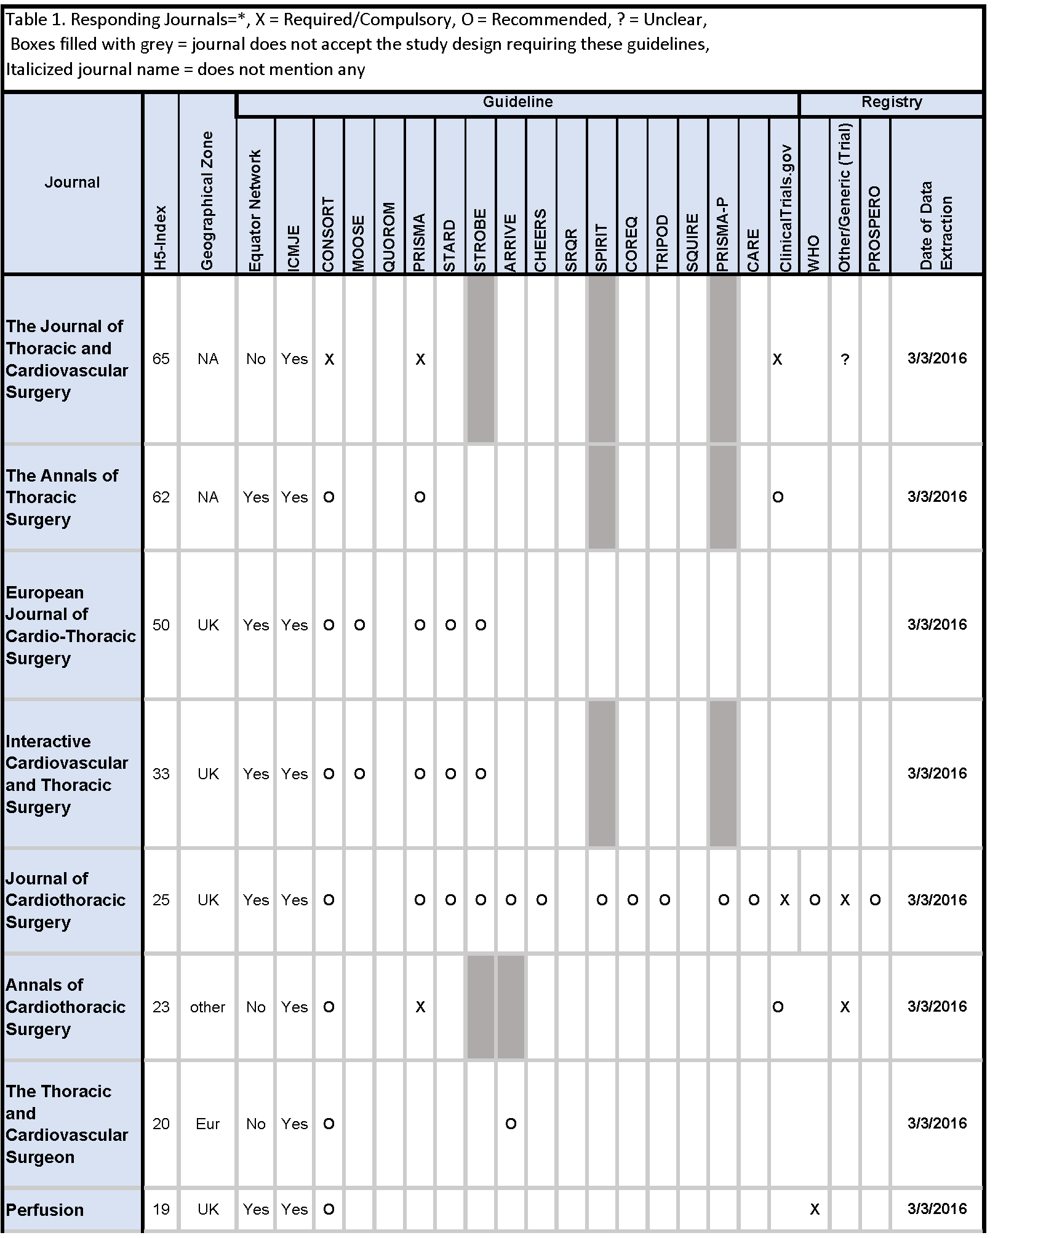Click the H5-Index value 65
161,359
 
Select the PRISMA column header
420,242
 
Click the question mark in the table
845,359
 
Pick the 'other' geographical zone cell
207,1007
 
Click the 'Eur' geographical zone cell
207,1124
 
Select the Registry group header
891,102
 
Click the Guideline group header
517,102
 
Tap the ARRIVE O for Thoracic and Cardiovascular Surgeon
511,1124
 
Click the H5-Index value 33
161,773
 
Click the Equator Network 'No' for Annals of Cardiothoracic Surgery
255,1007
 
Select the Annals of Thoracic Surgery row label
62,497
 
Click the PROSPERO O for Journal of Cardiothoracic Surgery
875,900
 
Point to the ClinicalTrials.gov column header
784,209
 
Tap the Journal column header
72,182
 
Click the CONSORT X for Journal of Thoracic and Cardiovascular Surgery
329,359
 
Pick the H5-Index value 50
161,625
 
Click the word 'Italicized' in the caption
39,69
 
